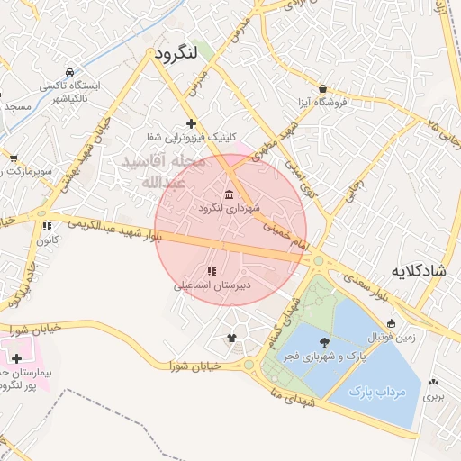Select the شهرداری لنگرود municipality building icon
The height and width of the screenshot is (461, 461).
pos(229,195)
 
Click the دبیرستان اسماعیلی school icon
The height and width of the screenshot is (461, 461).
pos(212,271)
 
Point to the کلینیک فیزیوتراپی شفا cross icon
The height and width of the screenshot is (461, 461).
pos(190,123)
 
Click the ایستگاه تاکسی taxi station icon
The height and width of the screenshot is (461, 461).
pos(70,71)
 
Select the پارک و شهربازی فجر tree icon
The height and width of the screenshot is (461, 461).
pos(324,342)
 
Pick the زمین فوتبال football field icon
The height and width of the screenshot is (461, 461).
pos(391,324)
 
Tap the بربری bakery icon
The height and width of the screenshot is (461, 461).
pos(436,382)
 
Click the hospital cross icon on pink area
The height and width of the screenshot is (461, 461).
pos(16,358)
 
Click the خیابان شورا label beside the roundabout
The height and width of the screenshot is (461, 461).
pos(196,365)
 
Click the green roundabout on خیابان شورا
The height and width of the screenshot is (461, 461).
pos(249,366)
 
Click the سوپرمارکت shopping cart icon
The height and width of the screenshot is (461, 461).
pos(14,158)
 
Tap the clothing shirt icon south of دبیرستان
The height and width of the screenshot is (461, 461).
pos(232,337)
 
